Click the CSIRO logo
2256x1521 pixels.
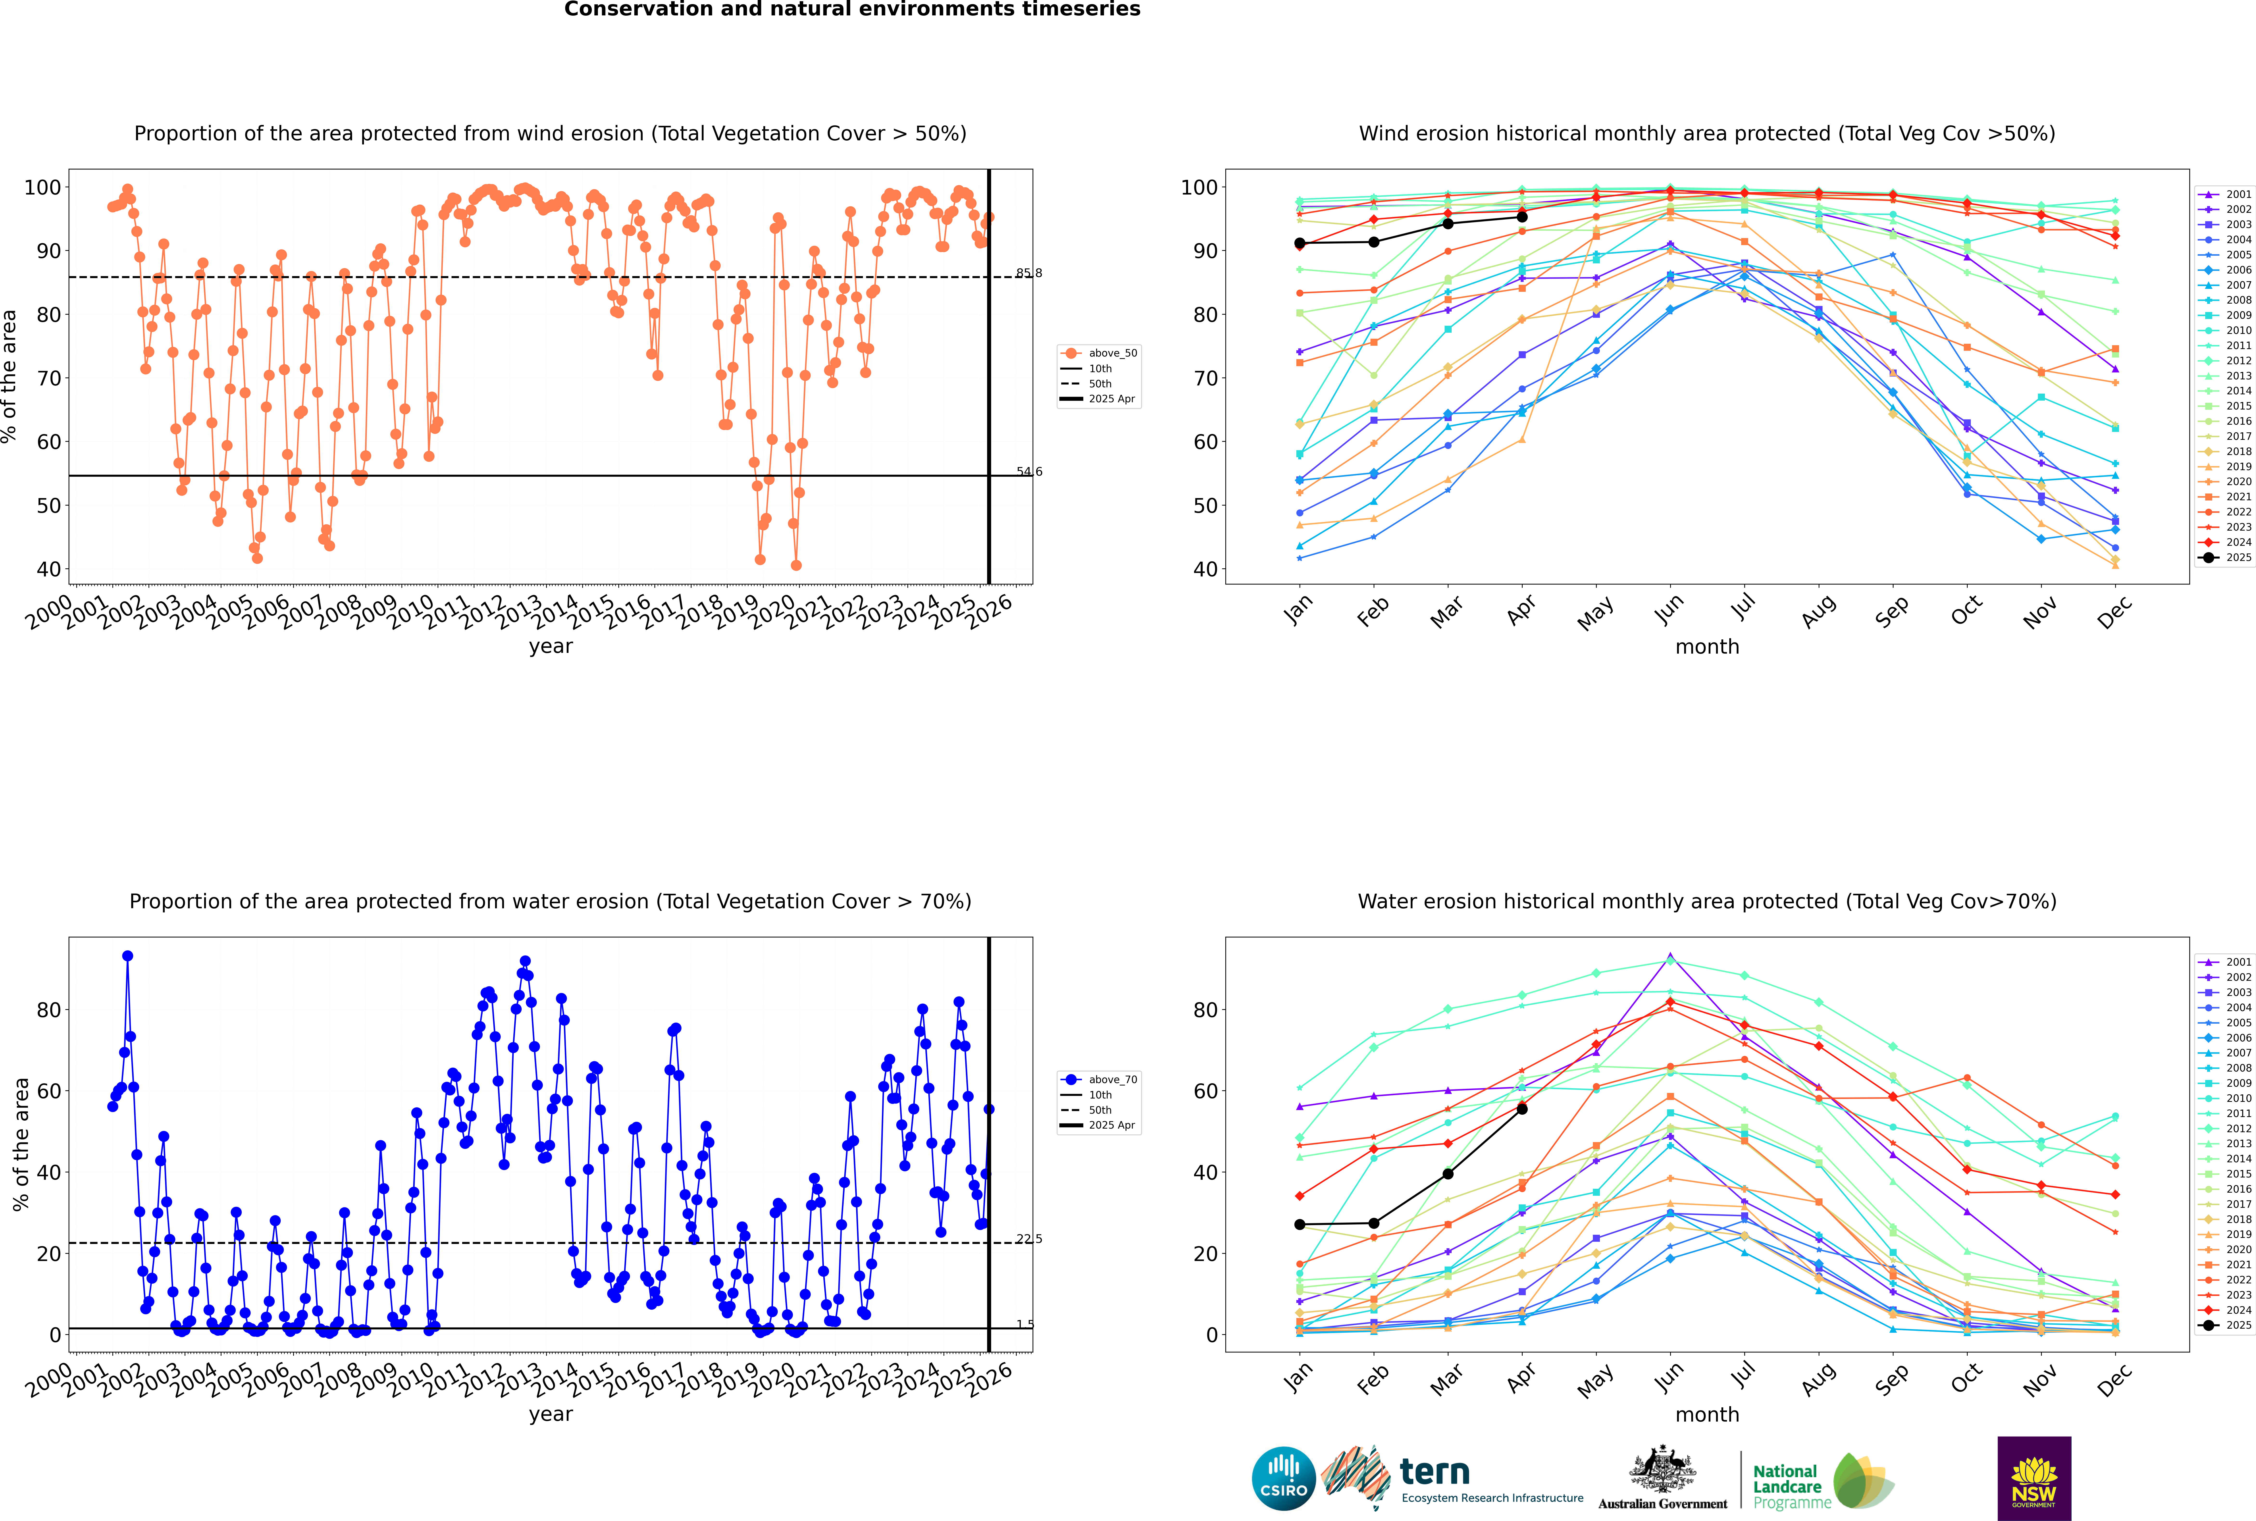click(x=1283, y=1478)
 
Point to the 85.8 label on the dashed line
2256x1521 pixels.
click(x=1029, y=273)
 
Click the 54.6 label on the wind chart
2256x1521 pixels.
click(x=1029, y=472)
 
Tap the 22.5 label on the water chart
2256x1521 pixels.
click(x=1029, y=1239)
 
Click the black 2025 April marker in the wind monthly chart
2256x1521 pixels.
click(x=1522, y=217)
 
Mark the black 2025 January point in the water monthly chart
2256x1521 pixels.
click(x=1300, y=1224)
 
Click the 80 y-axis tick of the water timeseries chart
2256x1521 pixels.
click(x=48, y=1010)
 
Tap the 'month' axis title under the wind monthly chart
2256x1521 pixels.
click(x=1707, y=647)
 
